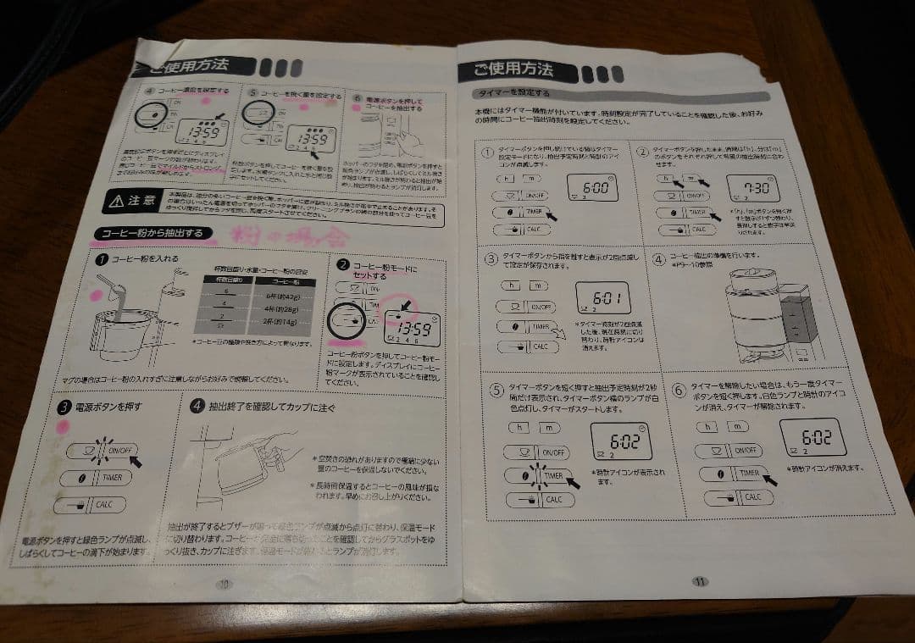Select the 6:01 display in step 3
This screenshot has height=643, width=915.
point(602,298)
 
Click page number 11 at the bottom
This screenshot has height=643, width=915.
point(700,581)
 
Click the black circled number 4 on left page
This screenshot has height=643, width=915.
point(197,406)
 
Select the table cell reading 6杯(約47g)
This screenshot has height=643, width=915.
point(278,296)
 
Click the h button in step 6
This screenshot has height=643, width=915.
point(708,427)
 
